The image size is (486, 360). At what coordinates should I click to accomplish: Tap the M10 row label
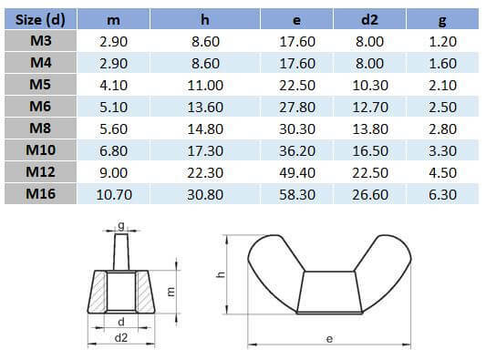(38, 150)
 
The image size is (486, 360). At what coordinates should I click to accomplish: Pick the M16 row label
(38, 193)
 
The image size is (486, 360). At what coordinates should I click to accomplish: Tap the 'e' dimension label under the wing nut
(328, 338)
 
